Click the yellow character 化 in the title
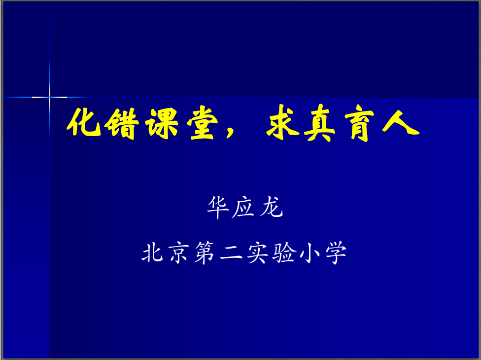pyautogui.click(x=84, y=122)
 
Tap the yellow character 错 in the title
pyautogui.click(x=121, y=123)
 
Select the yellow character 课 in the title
pyautogui.click(x=162, y=123)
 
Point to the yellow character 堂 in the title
pyautogui.click(x=203, y=123)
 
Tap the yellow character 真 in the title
pyautogui.click(x=320, y=123)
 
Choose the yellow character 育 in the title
pyautogui.click(x=360, y=123)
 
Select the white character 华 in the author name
pyautogui.click(x=218, y=207)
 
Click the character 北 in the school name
pyautogui.click(x=152, y=252)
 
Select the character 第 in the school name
pyautogui.click(x=205, y=252)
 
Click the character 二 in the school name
pyautogui.click(x=231, y=253)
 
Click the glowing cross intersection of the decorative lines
pyautogui.click(x=49, y=97)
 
